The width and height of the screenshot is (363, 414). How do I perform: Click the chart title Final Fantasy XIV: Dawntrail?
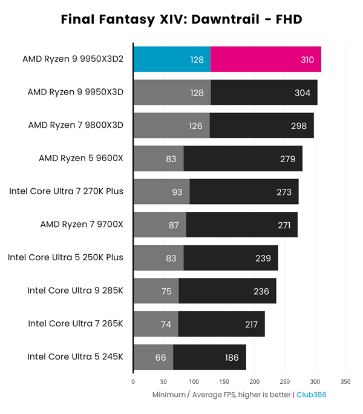tap(181, 20)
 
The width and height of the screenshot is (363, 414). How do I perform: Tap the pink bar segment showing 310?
tap(266, 59)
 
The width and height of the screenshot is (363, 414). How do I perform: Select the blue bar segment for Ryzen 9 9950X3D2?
tap(172, 59)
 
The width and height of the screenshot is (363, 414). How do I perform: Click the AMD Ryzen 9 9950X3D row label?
tap(75, 93)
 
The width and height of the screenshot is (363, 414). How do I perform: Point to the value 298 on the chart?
tap(298, 126)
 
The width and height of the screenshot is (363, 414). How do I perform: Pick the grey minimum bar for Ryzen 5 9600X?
tap(158, 159)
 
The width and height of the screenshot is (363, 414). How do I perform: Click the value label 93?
tap(177, 192)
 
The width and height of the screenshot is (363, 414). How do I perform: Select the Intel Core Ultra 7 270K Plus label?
tap(66, 191)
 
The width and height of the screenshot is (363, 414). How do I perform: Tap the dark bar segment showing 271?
tap(241, 225)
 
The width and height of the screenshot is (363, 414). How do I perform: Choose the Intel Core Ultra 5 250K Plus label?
tap(65, 257)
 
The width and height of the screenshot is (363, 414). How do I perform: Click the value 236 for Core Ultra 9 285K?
tap(261, 291)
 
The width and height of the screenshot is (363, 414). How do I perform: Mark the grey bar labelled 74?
tap(155, 324)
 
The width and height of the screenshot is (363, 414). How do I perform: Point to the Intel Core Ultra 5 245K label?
tap(75, 356)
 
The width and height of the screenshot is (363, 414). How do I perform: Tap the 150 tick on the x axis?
tap(224, 382)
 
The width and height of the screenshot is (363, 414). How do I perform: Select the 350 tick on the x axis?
tap(345, 382)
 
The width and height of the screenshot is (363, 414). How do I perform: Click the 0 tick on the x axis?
tap(133, 382)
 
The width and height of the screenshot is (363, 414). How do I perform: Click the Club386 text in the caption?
tap(312, 395)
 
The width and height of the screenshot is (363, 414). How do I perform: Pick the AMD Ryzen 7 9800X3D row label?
tap(76, 125)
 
